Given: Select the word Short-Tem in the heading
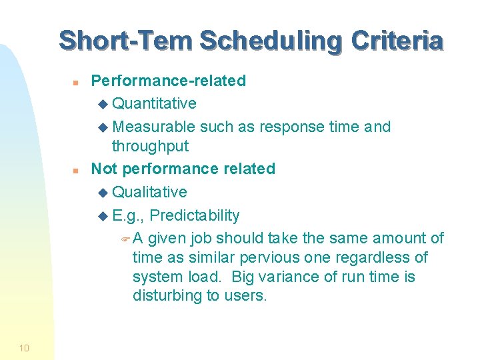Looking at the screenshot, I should [127, 41].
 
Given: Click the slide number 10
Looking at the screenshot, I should [24, 347].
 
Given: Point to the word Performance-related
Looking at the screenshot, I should [168, 81].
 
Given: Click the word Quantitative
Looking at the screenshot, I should [154, 103].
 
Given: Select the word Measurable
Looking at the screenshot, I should [153, 127].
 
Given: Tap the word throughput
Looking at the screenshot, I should [150, 146].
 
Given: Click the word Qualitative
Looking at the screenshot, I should [149, 192].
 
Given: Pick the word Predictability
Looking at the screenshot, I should [196, 215].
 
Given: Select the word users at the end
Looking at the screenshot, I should [247, 295].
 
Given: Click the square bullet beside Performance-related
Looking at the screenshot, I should [76, 83].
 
